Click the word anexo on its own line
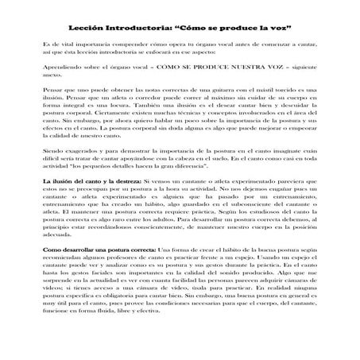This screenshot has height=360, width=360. click(x=52, y=77)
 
